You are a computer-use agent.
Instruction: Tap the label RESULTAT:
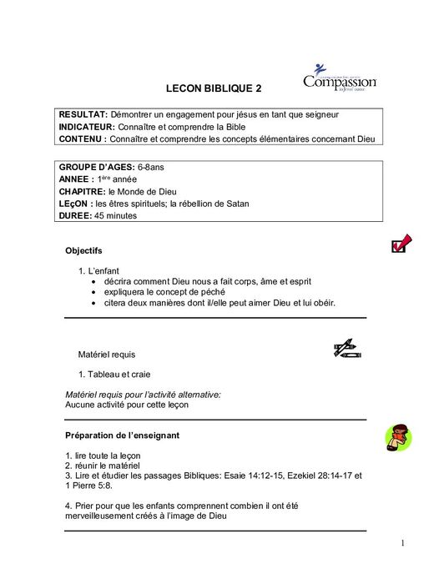83,113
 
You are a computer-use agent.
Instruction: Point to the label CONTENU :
82,138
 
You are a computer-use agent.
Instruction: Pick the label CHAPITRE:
82,191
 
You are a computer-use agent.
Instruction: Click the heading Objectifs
83,250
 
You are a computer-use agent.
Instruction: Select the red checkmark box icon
400,244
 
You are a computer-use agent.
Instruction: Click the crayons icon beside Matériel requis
345,349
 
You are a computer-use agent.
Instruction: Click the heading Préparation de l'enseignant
122,435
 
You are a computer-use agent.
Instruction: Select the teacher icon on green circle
400,437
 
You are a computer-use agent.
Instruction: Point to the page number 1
402,544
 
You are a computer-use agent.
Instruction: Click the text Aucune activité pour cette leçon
127,405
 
